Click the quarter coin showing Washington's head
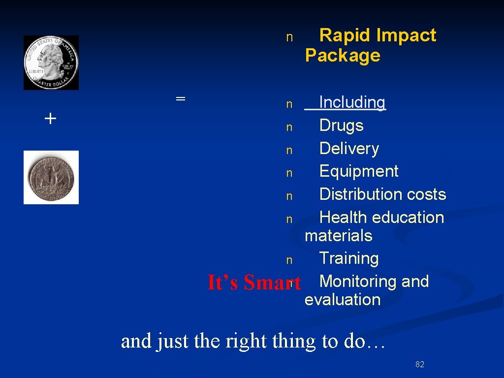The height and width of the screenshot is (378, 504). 51,63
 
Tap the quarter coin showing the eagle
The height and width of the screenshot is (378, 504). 51,177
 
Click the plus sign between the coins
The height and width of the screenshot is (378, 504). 50,118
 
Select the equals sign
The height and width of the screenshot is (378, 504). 181,98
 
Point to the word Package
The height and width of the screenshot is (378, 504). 343,56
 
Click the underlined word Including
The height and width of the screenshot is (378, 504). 352,102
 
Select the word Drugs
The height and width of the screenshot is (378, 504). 341,126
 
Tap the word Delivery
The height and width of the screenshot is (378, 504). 349,149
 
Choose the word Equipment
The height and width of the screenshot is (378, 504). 359,171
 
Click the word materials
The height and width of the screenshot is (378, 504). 338,236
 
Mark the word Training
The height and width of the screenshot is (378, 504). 349,258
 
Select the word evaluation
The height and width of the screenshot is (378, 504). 343,300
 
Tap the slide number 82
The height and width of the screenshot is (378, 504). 420,364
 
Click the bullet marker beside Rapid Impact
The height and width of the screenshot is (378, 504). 289,37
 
